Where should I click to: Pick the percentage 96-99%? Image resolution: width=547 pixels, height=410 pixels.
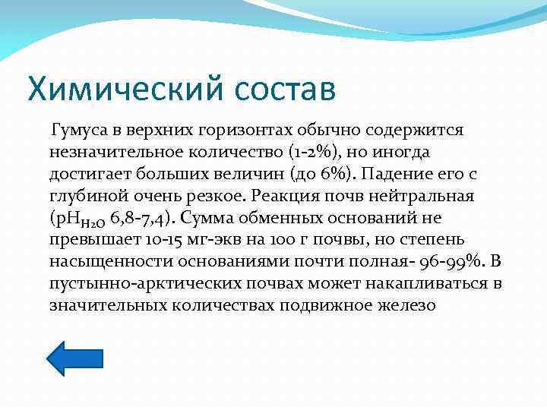[457, 263]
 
